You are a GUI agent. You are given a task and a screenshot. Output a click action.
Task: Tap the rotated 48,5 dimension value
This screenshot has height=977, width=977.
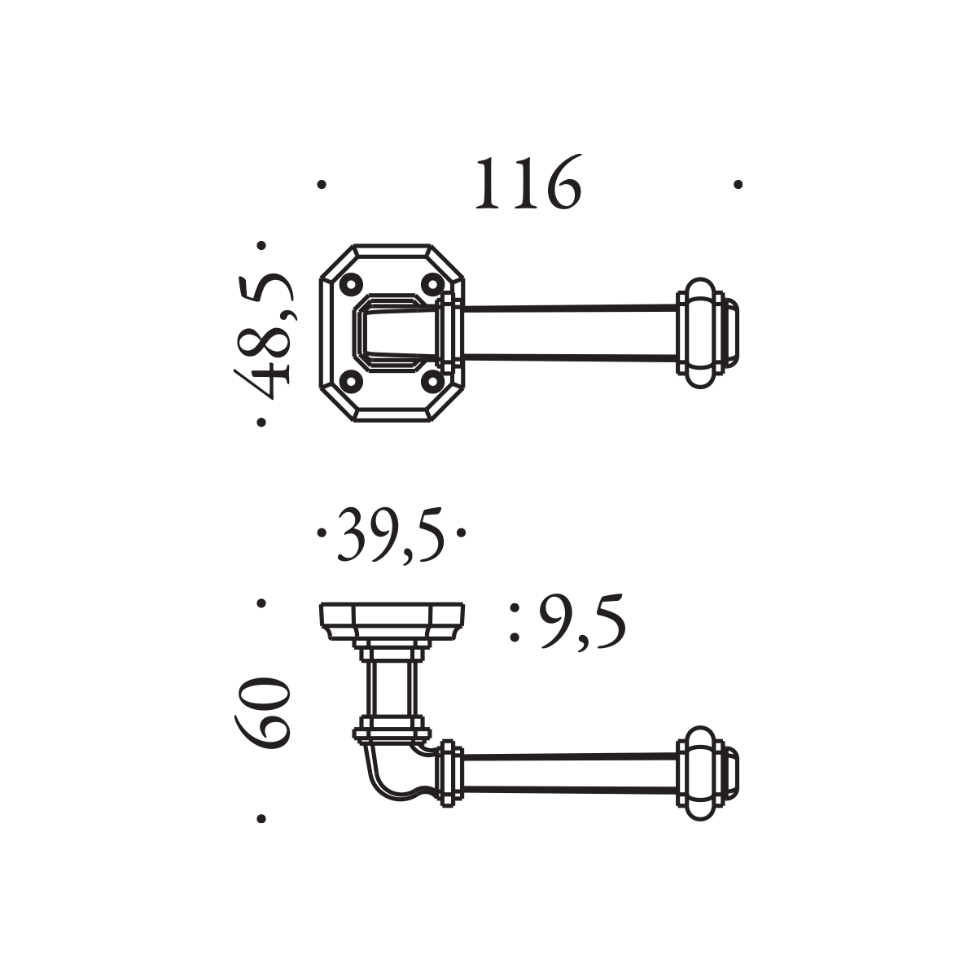264,335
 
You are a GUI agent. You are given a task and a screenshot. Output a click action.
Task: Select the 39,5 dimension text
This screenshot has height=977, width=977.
391,534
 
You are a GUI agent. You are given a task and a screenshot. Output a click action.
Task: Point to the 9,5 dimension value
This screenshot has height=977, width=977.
582,622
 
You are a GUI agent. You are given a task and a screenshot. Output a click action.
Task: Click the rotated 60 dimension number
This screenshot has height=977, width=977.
262,714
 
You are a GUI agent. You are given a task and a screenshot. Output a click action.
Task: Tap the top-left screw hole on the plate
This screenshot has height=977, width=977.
350,284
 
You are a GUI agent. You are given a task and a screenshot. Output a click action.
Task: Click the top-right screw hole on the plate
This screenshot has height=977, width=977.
432,284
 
